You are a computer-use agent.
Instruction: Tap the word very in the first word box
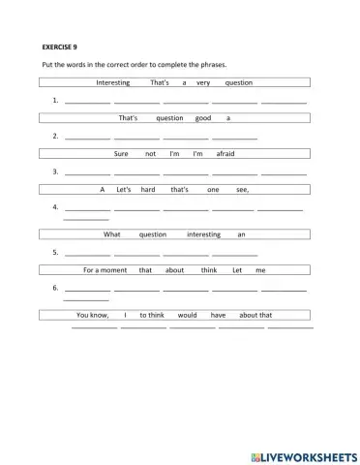[x=203, y=82]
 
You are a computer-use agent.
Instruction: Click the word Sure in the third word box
[x=121, y=153]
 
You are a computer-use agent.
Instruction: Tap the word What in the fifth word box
[x=112, y=234]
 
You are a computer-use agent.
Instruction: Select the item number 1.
[x=56, y=101]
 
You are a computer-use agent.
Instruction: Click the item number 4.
[x=56, y=207]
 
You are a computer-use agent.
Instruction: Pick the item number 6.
[x=56, y=289]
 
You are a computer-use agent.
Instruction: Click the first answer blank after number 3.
[x=87, y=171]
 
